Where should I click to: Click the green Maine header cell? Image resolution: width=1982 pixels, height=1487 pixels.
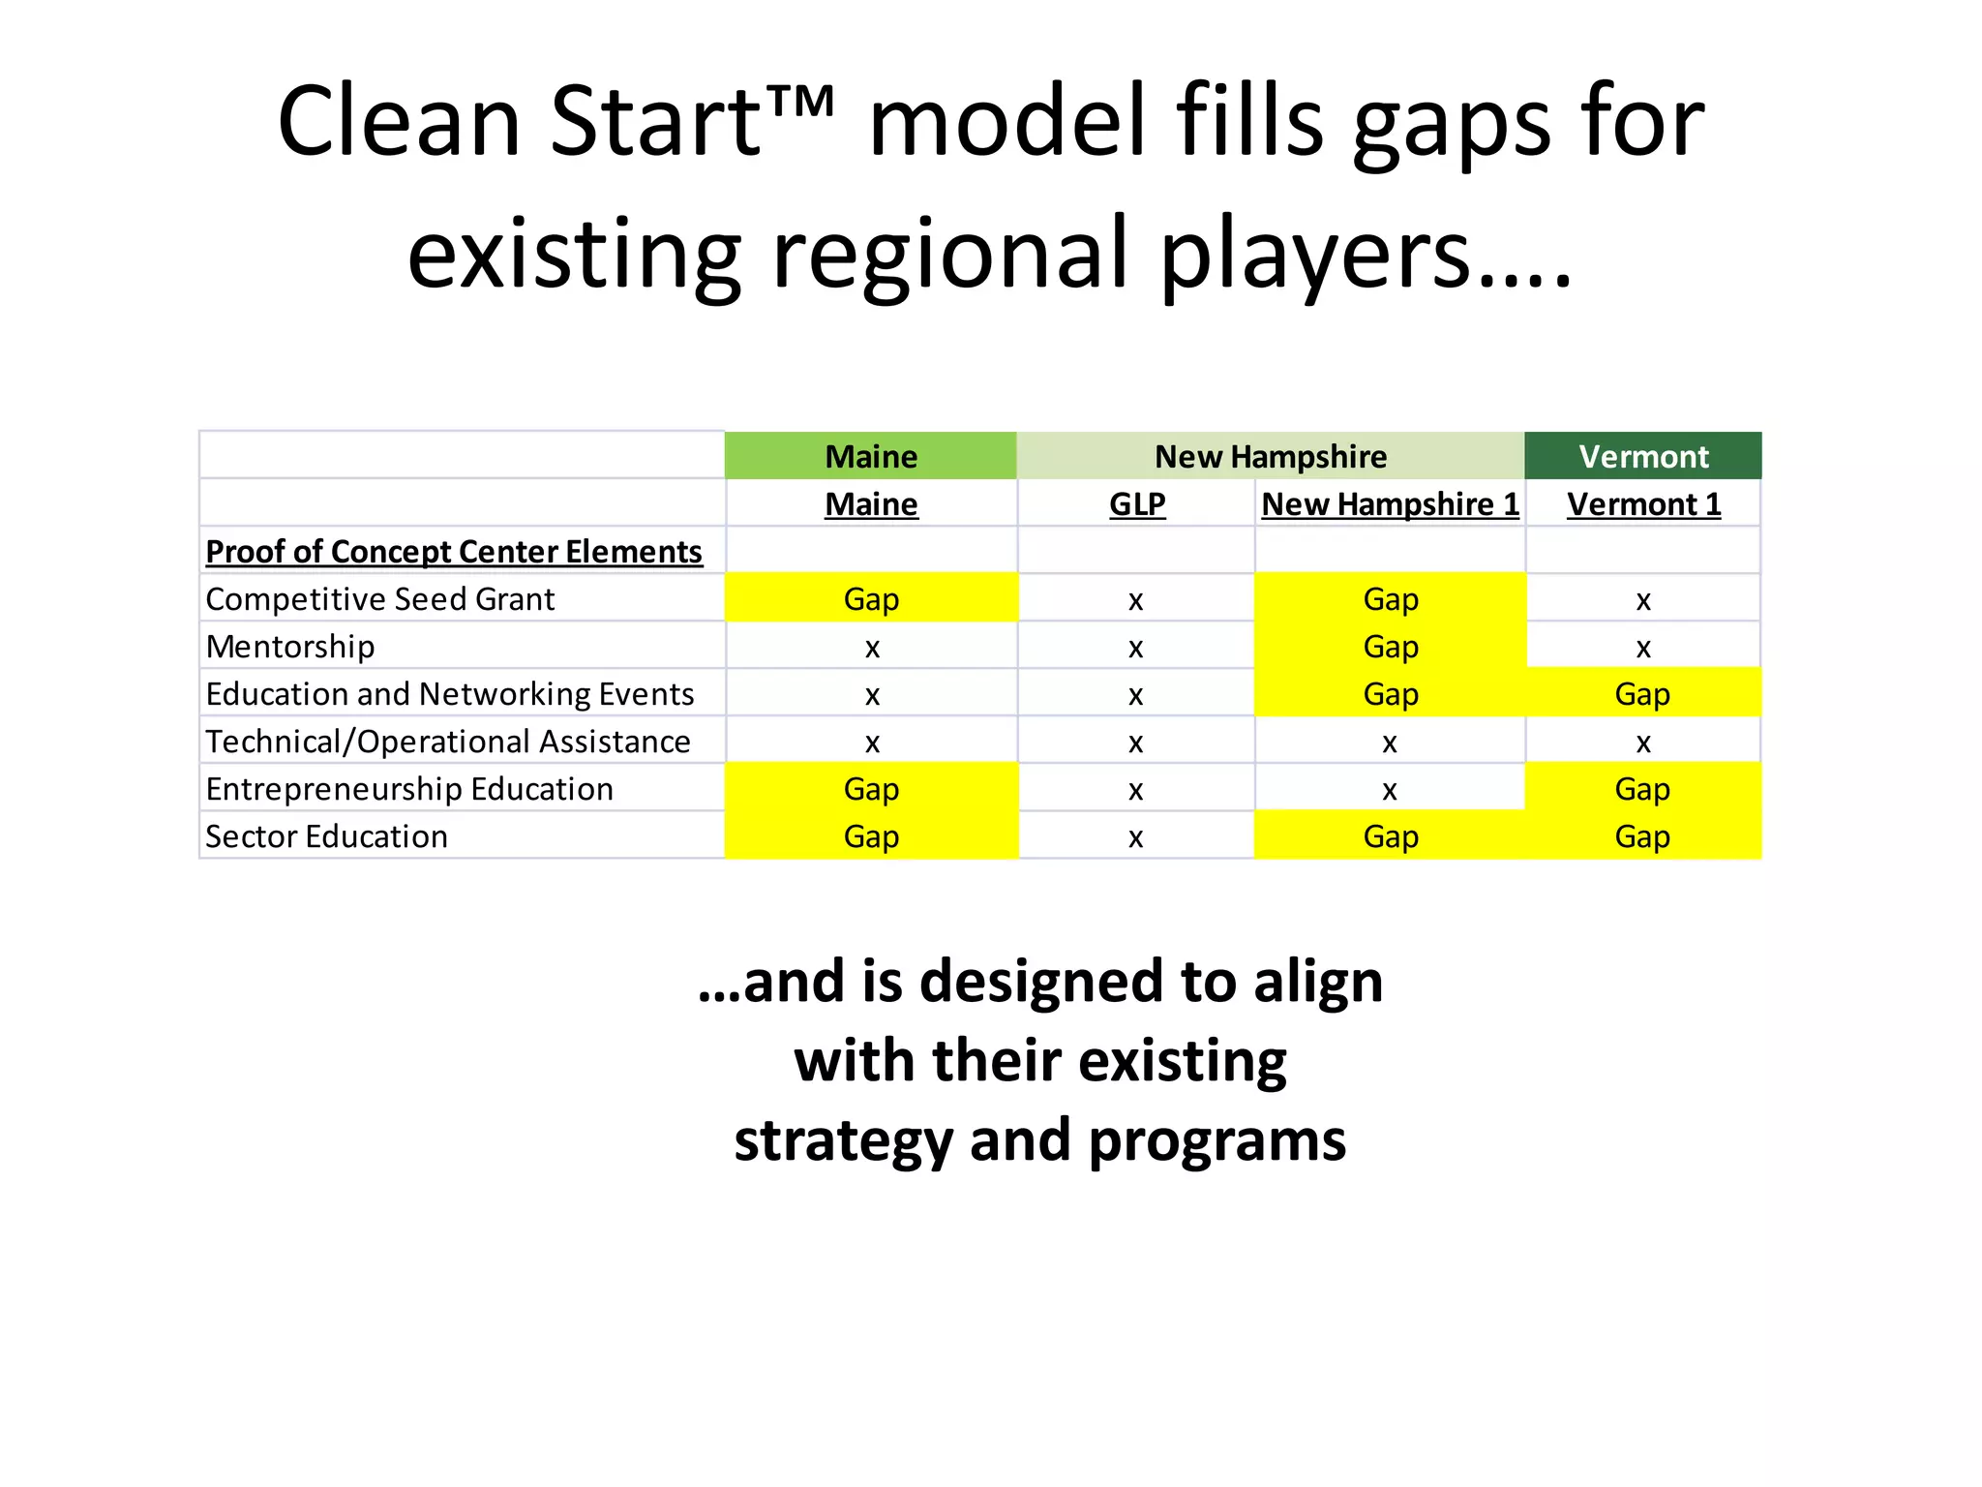pyautogui.click(x=870, y=456)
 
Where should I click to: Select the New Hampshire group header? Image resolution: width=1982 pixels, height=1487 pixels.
pyautogui.click(x=1270, y=456)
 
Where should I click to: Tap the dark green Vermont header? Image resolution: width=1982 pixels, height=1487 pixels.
pyautogui.click(x=1642, y=456)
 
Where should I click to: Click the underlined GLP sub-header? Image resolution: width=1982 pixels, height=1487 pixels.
pyautogui.click(x=1136, y=504)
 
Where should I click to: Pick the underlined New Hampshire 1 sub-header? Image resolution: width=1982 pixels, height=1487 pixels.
pyautogui.click(x=1390, y=504)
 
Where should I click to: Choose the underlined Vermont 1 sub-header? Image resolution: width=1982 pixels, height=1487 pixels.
pyautogui.click(x=1642, y=504)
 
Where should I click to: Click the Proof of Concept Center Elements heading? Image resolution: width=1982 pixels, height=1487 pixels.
pyautogui.click(x=453, y=552)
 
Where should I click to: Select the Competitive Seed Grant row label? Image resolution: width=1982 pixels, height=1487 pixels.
pyautogui.click(x=379, y=599)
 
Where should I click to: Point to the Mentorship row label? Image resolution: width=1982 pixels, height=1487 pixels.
pyautogui.click(x=289, y=647)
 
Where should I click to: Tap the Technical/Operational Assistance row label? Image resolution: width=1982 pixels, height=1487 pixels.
pyautogui.click(x=447, y=742)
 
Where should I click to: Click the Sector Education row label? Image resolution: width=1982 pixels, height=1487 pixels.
pyautogui.click(x=326, y=836)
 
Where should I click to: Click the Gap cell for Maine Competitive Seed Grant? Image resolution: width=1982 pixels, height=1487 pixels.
pyautogui.click(x=870, y=599)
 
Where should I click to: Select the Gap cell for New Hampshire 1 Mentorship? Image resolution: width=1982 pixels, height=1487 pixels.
pyautogui.click(x=1390, y=647)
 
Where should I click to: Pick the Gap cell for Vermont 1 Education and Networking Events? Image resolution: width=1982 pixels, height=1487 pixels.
pyautogui.click(x=1642, y=694)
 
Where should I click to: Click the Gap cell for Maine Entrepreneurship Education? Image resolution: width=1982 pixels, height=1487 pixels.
pyautogui.click(x=870, y=789)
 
